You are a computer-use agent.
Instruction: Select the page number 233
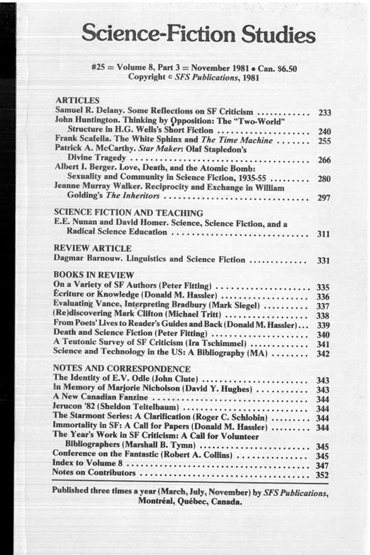coord(324,112)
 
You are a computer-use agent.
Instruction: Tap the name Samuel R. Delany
coord(86,112)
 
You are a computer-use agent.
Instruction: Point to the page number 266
coord(324,161)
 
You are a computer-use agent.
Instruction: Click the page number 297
coord(324,197)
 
